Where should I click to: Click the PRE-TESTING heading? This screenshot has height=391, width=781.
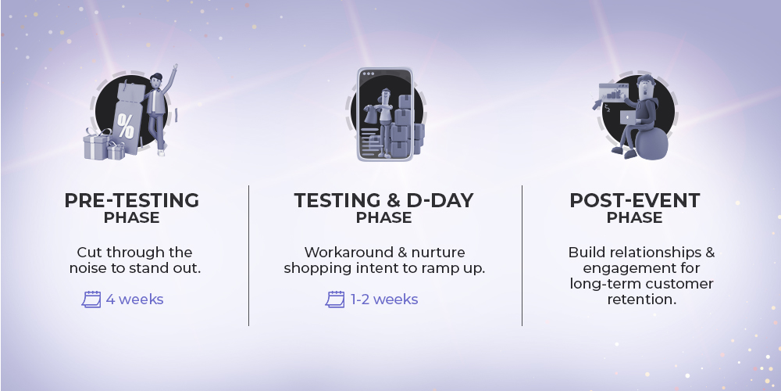click(x=131, y=200)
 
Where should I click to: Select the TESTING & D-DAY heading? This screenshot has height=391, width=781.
click(x=383, y=200)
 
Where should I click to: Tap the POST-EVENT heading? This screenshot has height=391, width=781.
click(x=634, y=200)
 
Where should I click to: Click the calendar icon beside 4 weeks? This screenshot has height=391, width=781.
click(x=91, y=300)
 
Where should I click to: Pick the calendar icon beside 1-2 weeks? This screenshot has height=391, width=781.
click(x=335, y=300)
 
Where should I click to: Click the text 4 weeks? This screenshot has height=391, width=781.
click(x=134, y=300)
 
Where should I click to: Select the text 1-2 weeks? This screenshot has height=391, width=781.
click(x=384, y=300)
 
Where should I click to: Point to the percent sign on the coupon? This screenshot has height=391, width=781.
click(x=126, y=126)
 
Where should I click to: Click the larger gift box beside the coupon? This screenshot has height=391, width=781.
click(x=97, y=145)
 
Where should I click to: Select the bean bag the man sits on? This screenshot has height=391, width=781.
click(x=651, y=144)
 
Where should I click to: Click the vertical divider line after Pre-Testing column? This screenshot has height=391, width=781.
click(x=248, y=256)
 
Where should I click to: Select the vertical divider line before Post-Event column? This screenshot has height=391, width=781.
click(x=522, y=256)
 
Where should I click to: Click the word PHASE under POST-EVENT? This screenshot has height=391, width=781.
click(x=634, y=218)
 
